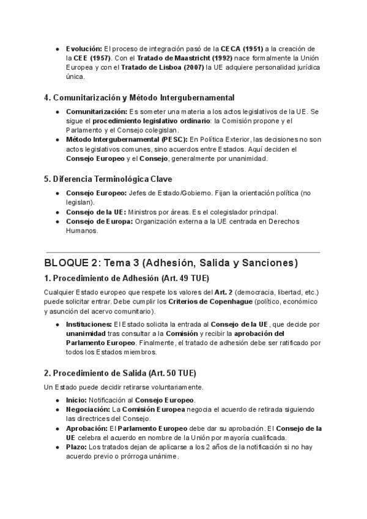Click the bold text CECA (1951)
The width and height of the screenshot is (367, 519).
point(242,48)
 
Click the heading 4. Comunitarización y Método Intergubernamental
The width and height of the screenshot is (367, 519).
point(139,98)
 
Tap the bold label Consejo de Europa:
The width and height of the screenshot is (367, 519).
point(99,222)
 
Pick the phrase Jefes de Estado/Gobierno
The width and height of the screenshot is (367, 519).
point(168,193)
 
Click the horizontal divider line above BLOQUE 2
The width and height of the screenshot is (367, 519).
point(182,252)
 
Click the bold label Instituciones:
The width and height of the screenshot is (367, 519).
point(89,324)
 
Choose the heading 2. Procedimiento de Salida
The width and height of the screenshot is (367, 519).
point(120,373)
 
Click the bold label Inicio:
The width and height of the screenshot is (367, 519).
point(76,400)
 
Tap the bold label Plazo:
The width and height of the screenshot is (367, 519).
point(76,447)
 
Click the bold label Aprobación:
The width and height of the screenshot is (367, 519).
point(87,428)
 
